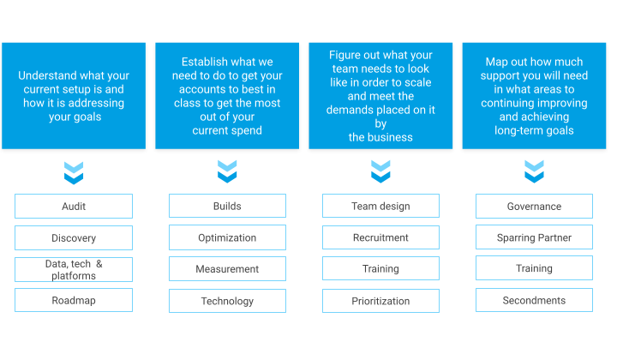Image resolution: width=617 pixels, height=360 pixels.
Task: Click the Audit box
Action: (x=74, y=207)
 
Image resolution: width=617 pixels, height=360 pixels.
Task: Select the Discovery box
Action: (x=74, y=237)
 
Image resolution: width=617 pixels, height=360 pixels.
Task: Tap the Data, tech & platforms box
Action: (x=74, y=269)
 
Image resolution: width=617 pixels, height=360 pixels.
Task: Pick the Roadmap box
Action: (x=74, y=300)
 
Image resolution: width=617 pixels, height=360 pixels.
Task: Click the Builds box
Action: (x=227, y=206)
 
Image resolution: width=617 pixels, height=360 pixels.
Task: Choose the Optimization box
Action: (x=227, y=237)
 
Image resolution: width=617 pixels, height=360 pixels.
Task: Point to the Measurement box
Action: (x=227, y=269)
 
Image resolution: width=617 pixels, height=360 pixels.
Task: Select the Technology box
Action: (x=227, y=301)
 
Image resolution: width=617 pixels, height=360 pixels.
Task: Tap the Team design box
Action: (x=380, y=206)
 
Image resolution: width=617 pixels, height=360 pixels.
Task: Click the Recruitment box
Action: (x=380, y=237)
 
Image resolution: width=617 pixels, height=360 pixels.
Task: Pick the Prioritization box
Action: (x=380, y=301)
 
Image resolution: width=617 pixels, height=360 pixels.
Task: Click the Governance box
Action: (x=535, y=207)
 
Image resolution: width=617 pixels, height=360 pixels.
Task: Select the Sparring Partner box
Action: (x=535, y=237)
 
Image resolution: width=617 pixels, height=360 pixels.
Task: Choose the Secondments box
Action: (x=535, y=300)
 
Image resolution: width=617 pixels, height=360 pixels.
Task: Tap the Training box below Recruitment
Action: (x=380, y=268)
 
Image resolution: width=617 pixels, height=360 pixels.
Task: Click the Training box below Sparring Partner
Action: (x=535, y=268)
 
